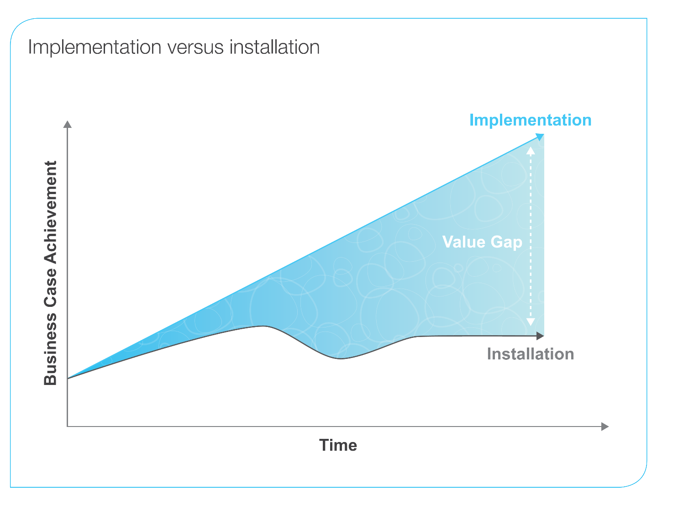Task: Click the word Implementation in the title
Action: coord(95,47)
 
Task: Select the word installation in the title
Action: coord(274,47)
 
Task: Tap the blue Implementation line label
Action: coord(530,120)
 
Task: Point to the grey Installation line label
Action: coord(530,354)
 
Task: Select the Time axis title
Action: coord(338,445)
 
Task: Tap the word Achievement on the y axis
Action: coord(50,212)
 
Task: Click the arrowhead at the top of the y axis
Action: coord(68,125)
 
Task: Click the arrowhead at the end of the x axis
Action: coord(605,427)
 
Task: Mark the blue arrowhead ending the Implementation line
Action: coord(540,137)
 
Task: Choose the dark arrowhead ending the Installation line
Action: coord(540,336)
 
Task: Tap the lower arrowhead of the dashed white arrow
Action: coord(531,322)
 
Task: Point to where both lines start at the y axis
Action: coord(68,379)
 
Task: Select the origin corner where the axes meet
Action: coord(68,427)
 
